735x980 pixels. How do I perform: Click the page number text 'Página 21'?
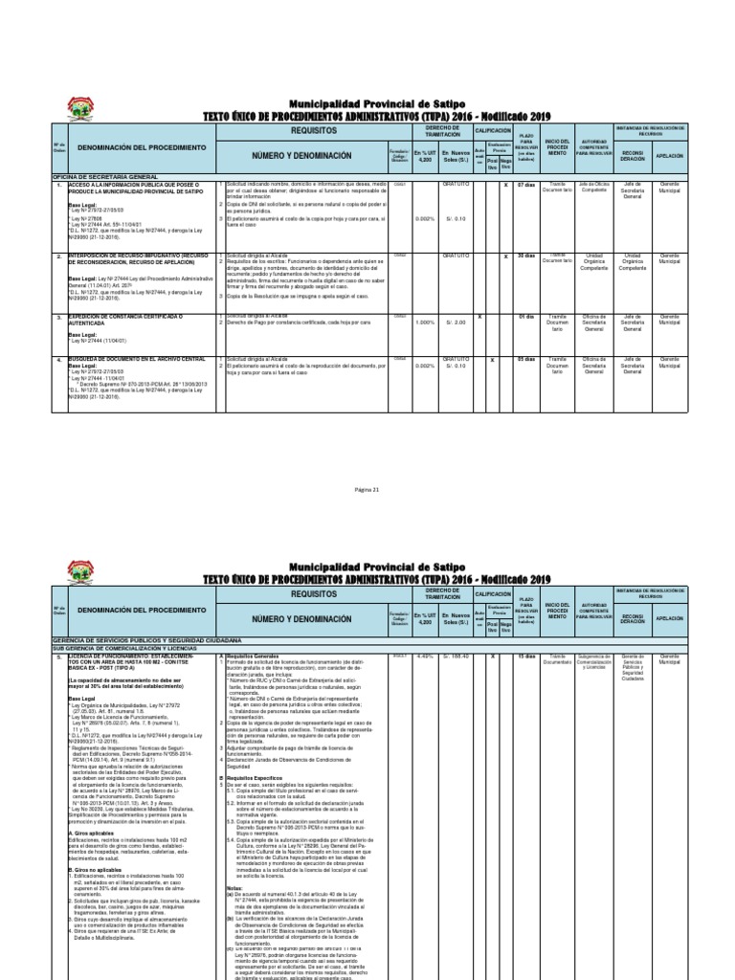(x=367, y=489)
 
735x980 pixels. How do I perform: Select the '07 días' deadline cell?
(x=526, y=185)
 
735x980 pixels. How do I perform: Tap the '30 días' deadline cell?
(x=526, y=256)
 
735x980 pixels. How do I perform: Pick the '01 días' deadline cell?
(x=526, y=315)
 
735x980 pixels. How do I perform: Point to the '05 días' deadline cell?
(x=526, y=358)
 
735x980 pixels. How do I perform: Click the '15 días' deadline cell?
(x=526, y=657)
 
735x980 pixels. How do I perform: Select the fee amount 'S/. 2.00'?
(x=453, y=323)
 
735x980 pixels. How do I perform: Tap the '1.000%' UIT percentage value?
(x=424, y=323)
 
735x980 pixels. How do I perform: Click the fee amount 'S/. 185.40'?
(x=453, y=657)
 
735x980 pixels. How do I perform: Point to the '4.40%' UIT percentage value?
(x=424, y=657)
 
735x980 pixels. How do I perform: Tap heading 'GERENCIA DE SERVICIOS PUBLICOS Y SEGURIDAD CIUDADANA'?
(x=144, y=639)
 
